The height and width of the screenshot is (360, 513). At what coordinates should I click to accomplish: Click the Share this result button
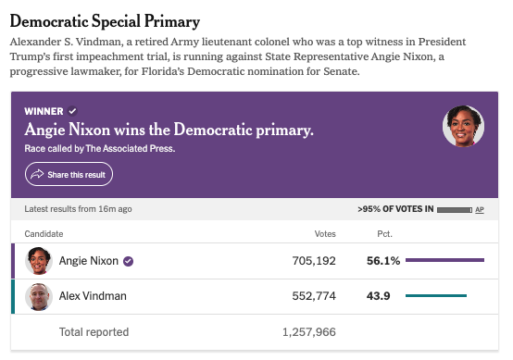69,174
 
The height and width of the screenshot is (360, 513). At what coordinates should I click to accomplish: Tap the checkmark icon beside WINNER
72,111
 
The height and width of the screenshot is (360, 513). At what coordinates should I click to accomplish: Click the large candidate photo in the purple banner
463,126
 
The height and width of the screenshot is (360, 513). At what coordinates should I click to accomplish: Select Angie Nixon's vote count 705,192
314,261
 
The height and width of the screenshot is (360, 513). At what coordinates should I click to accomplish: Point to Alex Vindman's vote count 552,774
314,296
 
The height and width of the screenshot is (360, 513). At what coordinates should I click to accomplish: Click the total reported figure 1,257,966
309,332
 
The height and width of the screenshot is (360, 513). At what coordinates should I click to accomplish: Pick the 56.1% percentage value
383,261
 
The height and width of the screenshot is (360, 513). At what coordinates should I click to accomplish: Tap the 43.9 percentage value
378,296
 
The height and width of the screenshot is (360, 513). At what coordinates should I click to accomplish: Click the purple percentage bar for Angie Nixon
445,260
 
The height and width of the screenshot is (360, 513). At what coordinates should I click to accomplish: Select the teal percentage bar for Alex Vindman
436,295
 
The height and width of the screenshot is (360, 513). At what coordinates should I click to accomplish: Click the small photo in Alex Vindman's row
39,296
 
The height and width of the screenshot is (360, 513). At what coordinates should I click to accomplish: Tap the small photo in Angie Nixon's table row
39,261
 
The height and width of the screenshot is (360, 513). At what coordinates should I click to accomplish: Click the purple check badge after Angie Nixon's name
128,261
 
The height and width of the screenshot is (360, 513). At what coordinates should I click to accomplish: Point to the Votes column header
325,234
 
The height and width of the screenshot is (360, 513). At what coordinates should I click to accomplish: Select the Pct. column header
385,234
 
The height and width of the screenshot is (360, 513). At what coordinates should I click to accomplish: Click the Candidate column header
44,234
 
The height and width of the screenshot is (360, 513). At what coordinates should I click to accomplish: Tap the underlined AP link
480,209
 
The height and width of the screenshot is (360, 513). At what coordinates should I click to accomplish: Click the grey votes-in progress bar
455,210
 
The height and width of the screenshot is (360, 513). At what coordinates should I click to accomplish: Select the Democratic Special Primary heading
105,21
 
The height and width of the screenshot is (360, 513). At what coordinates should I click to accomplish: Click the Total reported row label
94,332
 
